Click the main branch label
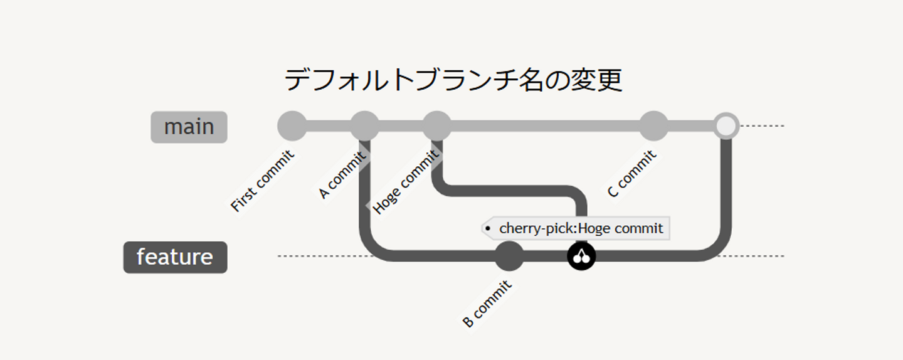coord(189,127)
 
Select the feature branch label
coord(176,257)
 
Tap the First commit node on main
coord(292,126)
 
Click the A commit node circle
coord(364,126)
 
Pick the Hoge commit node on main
coord(437,126)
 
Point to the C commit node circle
coord(654,126)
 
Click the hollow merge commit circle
coord(726,126)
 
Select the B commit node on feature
coord(509,256)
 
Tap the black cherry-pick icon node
coord(581,256)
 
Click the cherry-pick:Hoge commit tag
coord(576,228)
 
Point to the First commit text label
coord(262,181)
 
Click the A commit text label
coord(342,175)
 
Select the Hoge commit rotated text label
coord(406,182)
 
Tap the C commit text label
coord(632,174)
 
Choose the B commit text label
coord(487,304)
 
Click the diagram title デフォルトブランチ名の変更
coord(453,80)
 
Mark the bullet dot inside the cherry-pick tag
coord(488,228)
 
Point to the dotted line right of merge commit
coord(762,126)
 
